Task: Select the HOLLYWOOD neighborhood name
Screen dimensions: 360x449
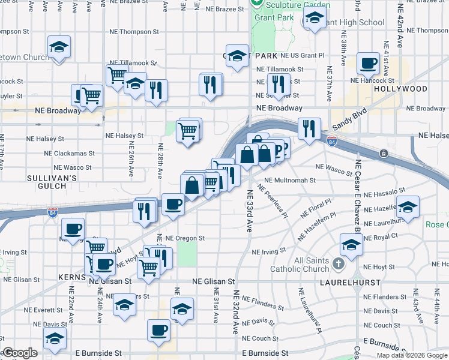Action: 400,89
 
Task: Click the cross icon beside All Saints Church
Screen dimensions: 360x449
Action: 339,263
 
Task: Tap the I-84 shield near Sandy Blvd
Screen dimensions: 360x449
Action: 332,141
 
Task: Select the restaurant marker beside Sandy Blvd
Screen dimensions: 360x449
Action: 309,128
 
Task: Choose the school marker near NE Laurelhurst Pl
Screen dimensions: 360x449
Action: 407,208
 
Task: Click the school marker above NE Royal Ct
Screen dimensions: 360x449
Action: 351,244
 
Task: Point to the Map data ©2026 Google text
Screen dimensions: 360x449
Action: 411,355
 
